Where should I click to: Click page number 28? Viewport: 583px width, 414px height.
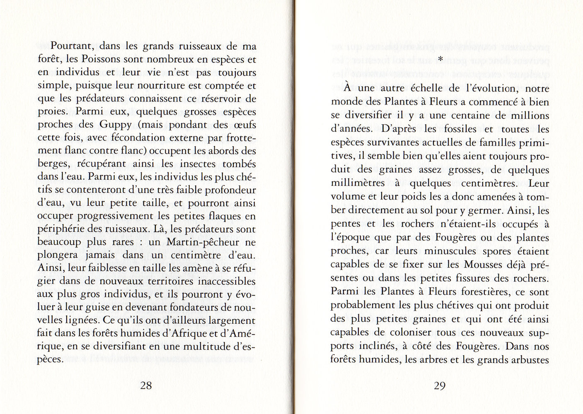point(146,386)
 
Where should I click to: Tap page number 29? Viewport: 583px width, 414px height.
point(439,386)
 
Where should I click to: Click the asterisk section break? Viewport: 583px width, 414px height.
point(440,60)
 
